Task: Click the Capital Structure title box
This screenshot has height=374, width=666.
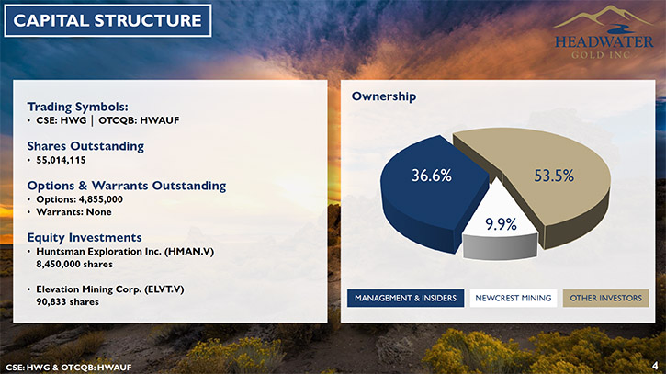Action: pyautogui.click(x=107, y=20)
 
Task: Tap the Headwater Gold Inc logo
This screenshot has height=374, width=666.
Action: pyautogui.click(x=604, y=33)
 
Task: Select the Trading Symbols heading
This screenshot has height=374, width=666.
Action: pyautogui.click(x=77, y=107)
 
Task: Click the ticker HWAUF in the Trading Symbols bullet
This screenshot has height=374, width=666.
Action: pyautogui.click(x=159, y=120)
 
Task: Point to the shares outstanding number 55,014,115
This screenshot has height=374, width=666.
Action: pyautogui.click(x=61, y=160)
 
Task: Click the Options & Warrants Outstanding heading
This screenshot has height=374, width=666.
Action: pyautogui.click(x=127, y=186)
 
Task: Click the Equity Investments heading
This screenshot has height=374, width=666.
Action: pyautogui.click(x=85, y=238)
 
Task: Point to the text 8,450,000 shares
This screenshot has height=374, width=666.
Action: pyautogui.click(x=74, y=265)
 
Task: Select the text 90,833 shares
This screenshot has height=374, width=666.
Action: pyautogui.click(x=68, y=302)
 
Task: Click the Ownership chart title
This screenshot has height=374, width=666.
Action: pyautogui.click(x=384, y=96)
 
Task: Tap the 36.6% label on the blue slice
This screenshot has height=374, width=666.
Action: pyautogui.click(x=432, y=176)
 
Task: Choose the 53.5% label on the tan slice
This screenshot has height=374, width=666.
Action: pyautogui.click(x=554, y=176)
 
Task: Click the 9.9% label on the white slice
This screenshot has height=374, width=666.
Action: pyautogui.click(x=501, y=224)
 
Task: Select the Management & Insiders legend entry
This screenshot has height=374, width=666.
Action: pyautogui.click(x=406, y=299)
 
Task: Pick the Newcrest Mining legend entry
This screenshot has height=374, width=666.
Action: pyautogui.click(x=514, y=299)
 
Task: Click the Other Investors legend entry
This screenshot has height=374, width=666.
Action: pyautogui.click(x=605, y=299)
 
